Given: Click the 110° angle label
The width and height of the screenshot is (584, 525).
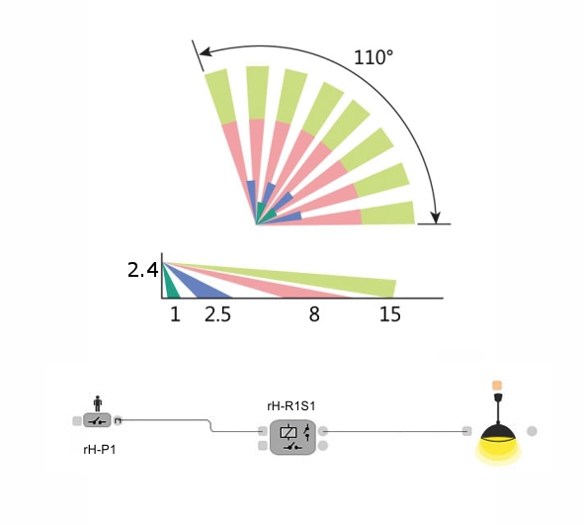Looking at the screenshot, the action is [374, 57].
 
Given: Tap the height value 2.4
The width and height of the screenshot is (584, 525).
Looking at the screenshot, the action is [143, 270].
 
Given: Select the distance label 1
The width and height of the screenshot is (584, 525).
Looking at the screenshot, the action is [175, 314].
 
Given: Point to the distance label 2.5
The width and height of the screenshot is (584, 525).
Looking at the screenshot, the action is [217, 314].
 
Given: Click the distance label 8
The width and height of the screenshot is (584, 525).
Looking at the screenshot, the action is [314, 314].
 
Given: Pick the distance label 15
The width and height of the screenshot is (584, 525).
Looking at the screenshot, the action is [390, 314].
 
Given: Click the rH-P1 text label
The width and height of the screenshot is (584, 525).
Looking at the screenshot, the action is [100, 450].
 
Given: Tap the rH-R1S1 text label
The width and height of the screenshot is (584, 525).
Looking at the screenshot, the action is [292, 405].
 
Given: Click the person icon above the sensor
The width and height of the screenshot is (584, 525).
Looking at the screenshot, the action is [98, 403].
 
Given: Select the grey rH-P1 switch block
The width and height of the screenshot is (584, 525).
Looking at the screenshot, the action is [97, 420].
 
